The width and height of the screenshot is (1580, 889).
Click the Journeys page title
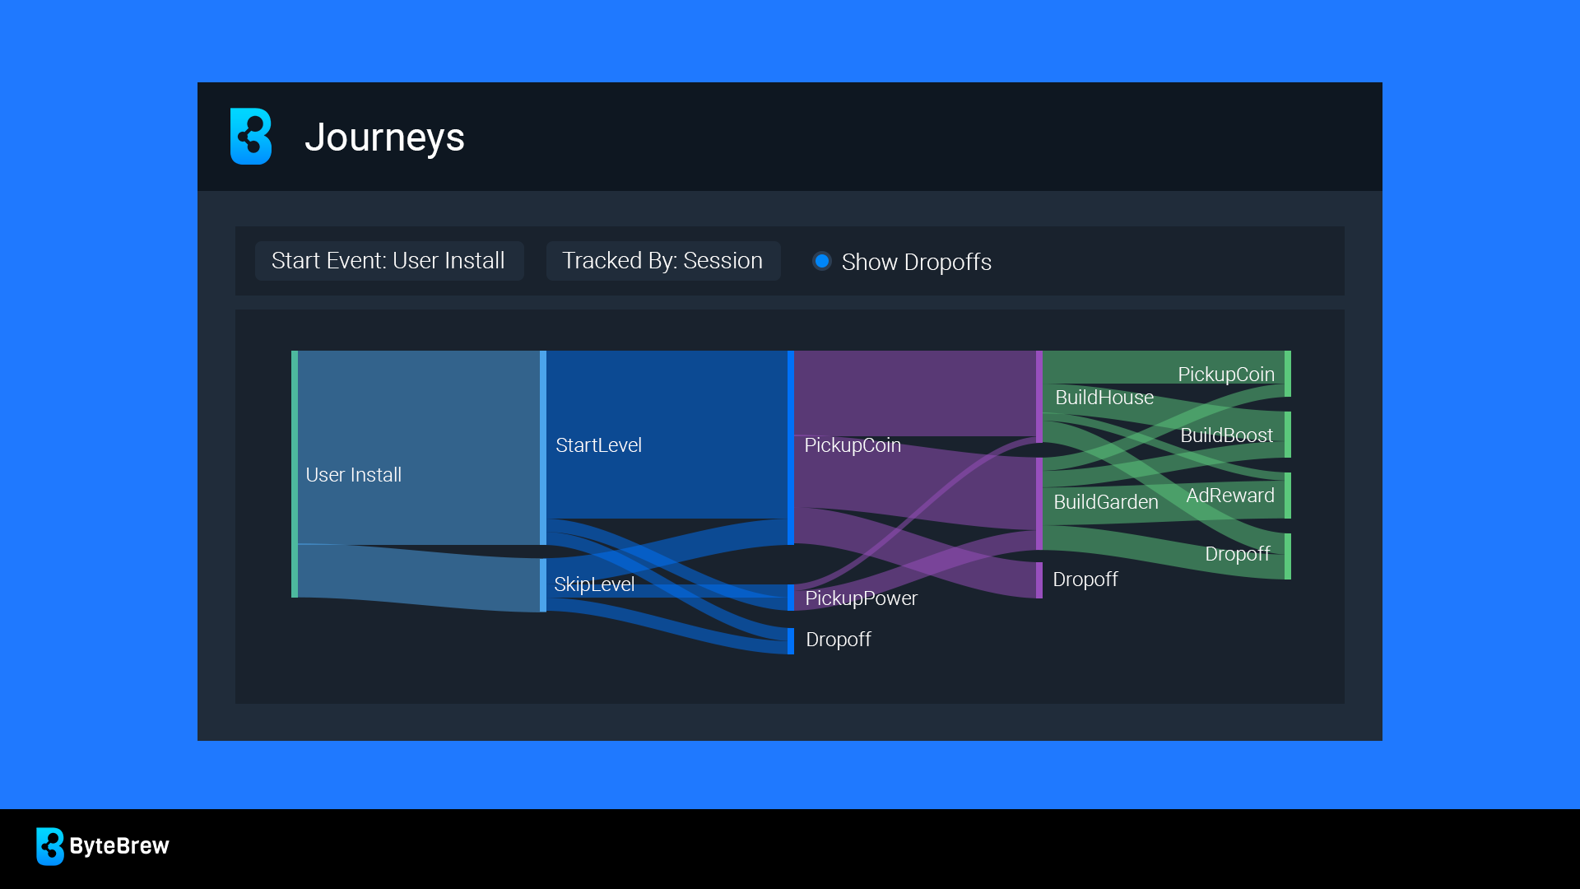pos(384,137)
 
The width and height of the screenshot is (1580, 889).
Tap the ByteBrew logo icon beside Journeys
pos(251,136)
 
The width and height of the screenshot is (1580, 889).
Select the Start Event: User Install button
pos(389,261)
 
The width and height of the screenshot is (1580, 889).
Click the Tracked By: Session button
pos(663,261)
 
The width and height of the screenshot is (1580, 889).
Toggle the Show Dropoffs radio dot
pos(821,261)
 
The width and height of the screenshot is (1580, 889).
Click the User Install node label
pos(354,475)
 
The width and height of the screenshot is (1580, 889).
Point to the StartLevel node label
pos(598,445)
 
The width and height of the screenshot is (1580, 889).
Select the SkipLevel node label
pos(594,584)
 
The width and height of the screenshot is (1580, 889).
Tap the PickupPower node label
pos(861,598)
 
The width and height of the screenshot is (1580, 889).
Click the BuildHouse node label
pos(1104,398)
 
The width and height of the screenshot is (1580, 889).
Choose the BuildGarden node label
pos(1106,502)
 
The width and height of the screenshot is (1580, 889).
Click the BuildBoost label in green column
pos(1227,435)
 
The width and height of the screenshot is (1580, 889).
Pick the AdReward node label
pos(1230,496)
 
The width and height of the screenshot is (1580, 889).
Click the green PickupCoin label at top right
pos(1226,375)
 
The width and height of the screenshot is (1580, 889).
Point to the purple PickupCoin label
pos(853,445)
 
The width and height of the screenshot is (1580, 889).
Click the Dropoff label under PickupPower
pos(839,640)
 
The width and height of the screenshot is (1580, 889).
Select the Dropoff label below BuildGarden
pos(1085,579)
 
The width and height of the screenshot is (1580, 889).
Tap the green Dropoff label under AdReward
pos(1238,554)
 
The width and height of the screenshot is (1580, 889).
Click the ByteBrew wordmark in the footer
pos(119,846)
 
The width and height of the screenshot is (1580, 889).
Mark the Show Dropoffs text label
pos(917,262)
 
